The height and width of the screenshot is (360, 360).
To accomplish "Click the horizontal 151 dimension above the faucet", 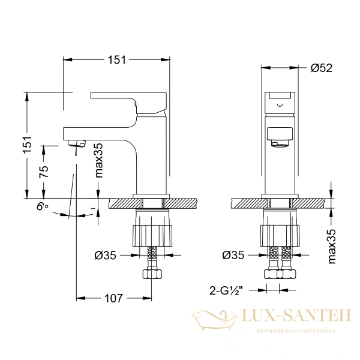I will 116,59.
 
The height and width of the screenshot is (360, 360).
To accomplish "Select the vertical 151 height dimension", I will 28,145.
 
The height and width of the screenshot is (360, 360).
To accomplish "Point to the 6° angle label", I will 42,206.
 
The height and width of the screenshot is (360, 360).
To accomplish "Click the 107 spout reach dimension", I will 114,298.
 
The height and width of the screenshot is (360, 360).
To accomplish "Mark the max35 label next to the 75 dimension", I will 99,161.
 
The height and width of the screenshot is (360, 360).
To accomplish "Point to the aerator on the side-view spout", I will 77,143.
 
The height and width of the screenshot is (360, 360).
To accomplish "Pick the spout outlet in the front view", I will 280,143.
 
